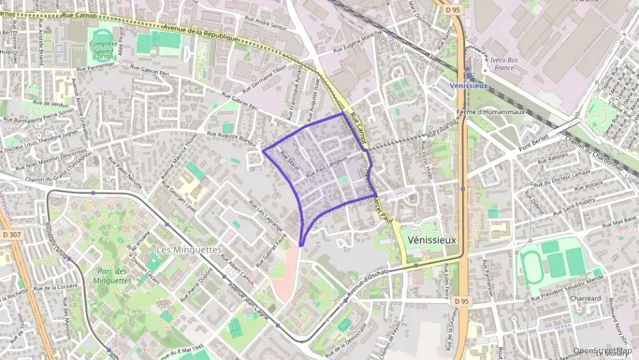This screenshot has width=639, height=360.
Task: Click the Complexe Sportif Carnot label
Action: [104, 49]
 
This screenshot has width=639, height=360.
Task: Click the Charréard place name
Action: [584, 299]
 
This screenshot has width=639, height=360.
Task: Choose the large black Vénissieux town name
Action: [431, 240]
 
